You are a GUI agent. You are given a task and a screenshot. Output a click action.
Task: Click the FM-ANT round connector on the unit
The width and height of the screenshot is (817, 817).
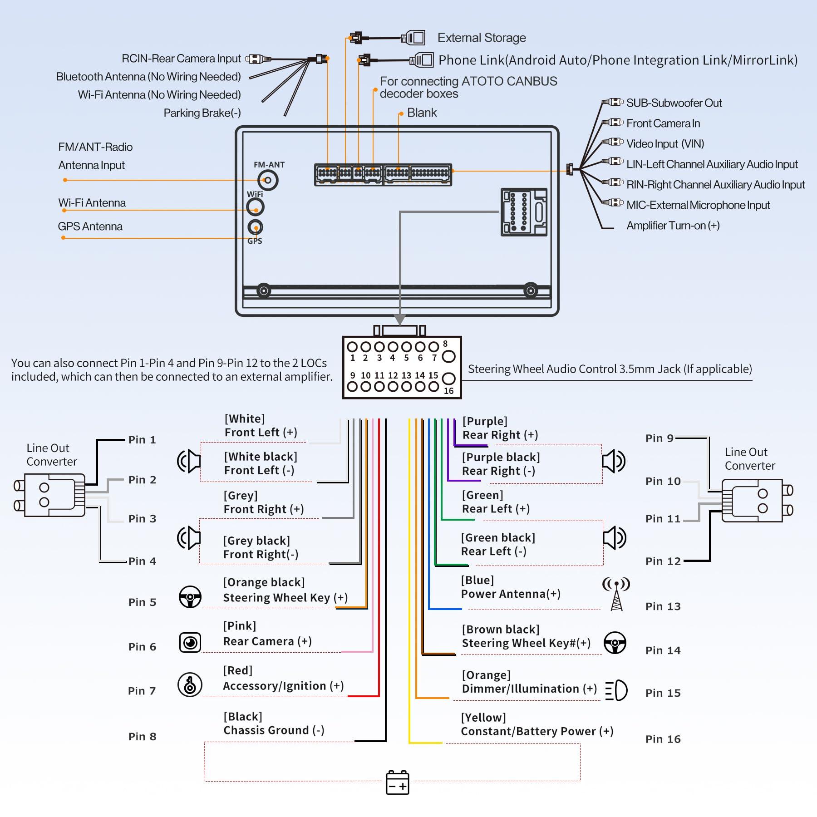tap(268, 180)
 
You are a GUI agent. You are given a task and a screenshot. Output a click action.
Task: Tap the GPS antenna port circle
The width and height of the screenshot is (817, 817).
tap(256, 227)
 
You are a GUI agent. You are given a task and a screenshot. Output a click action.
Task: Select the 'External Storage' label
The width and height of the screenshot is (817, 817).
tap(482, 38)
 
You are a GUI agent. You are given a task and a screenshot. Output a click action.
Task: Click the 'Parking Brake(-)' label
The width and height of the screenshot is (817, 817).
tap(202, 113)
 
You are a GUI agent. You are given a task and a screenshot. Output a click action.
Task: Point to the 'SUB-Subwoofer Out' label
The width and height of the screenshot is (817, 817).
tap(674, 103)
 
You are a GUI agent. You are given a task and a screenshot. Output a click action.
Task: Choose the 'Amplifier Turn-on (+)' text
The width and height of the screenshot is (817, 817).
tap(673, 226)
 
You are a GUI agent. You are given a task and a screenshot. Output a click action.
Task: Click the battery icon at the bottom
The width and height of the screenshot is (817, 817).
tap(397, 783)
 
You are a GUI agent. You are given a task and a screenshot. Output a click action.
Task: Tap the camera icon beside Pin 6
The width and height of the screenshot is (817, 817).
tap(190, 642)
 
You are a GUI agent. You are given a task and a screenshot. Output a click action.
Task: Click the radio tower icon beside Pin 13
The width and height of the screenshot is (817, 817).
tap(616, 594)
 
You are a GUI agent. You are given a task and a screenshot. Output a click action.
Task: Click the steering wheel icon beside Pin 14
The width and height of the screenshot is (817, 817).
tap(615, 643)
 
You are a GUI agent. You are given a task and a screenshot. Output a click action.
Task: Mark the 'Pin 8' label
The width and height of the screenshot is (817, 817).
tap(142, 736)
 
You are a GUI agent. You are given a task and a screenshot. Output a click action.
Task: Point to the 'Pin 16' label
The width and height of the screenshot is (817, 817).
tap(663, 739)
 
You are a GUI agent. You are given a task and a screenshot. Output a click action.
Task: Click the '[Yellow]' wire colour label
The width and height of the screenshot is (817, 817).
tap(483, 718)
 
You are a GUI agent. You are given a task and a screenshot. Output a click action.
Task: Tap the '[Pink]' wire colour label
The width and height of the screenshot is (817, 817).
tap(240, 626)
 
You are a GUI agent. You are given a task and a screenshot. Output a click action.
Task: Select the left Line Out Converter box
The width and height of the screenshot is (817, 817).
tap(54, 495)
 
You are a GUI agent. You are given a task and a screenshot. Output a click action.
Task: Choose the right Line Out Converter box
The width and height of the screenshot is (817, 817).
tap(752, 501)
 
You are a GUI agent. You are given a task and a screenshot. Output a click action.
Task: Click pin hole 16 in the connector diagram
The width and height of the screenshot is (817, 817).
tap(448, 379)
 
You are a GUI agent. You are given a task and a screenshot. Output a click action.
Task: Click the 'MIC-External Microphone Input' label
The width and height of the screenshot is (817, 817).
tap(698, 205)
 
